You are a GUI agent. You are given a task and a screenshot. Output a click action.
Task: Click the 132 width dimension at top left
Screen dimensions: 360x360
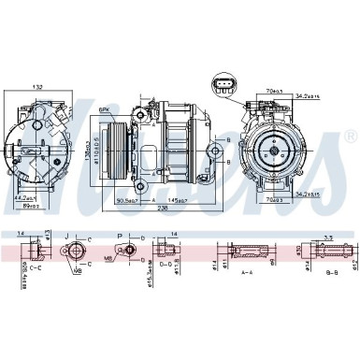[x=36, y=87]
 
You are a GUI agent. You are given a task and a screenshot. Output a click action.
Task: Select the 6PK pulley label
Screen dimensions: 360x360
[x=105, y=109]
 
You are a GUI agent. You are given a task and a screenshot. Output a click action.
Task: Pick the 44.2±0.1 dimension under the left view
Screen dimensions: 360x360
[x=24, y=197]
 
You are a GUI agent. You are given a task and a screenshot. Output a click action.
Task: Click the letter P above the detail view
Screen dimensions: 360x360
[x=120, y=236]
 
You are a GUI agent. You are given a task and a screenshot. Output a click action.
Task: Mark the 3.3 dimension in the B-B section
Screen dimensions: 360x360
[x=329, y=238]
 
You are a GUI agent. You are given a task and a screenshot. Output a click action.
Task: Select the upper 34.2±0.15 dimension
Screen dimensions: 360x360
[x=306, y=96]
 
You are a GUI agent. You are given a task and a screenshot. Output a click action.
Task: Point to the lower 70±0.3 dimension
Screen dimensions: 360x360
[x=273, y=199]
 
